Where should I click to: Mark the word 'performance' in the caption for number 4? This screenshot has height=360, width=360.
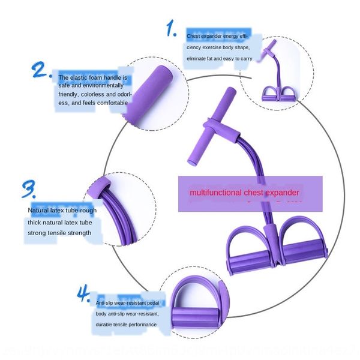(143, 325)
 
